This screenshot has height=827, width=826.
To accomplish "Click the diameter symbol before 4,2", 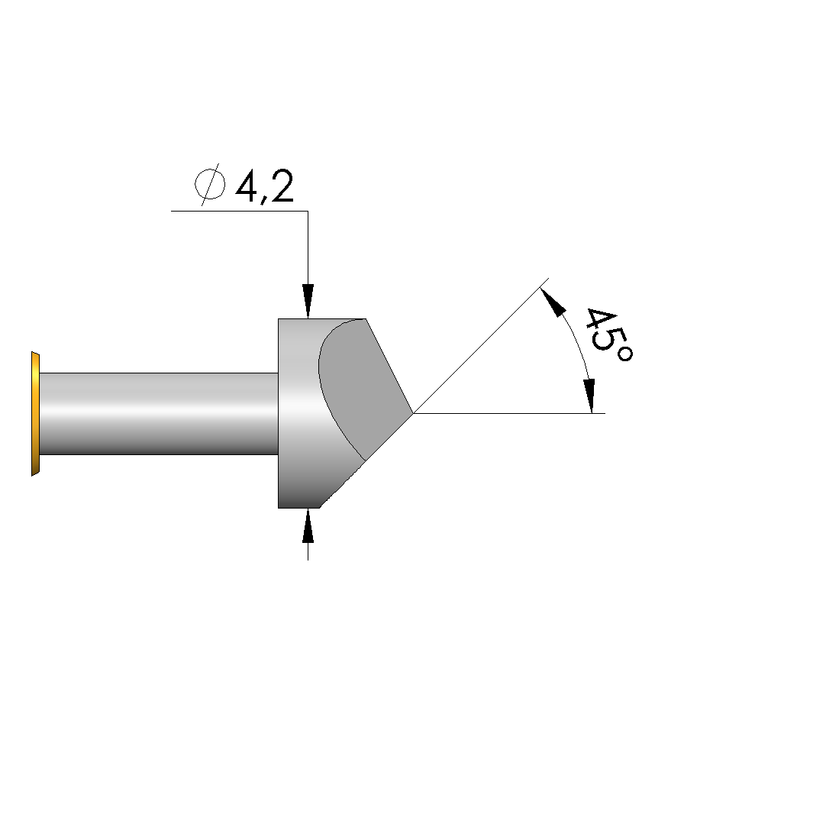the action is pos(210,184).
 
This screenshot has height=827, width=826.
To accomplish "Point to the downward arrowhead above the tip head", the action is pos(308,301).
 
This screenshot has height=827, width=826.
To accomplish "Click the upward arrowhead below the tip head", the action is pos(308,525).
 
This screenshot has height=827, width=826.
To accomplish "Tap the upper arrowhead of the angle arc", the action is pos(553,301).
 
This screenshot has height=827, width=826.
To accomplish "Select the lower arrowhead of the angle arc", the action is pos(590,396).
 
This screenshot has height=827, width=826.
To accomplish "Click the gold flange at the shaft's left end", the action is pos(35,414).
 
